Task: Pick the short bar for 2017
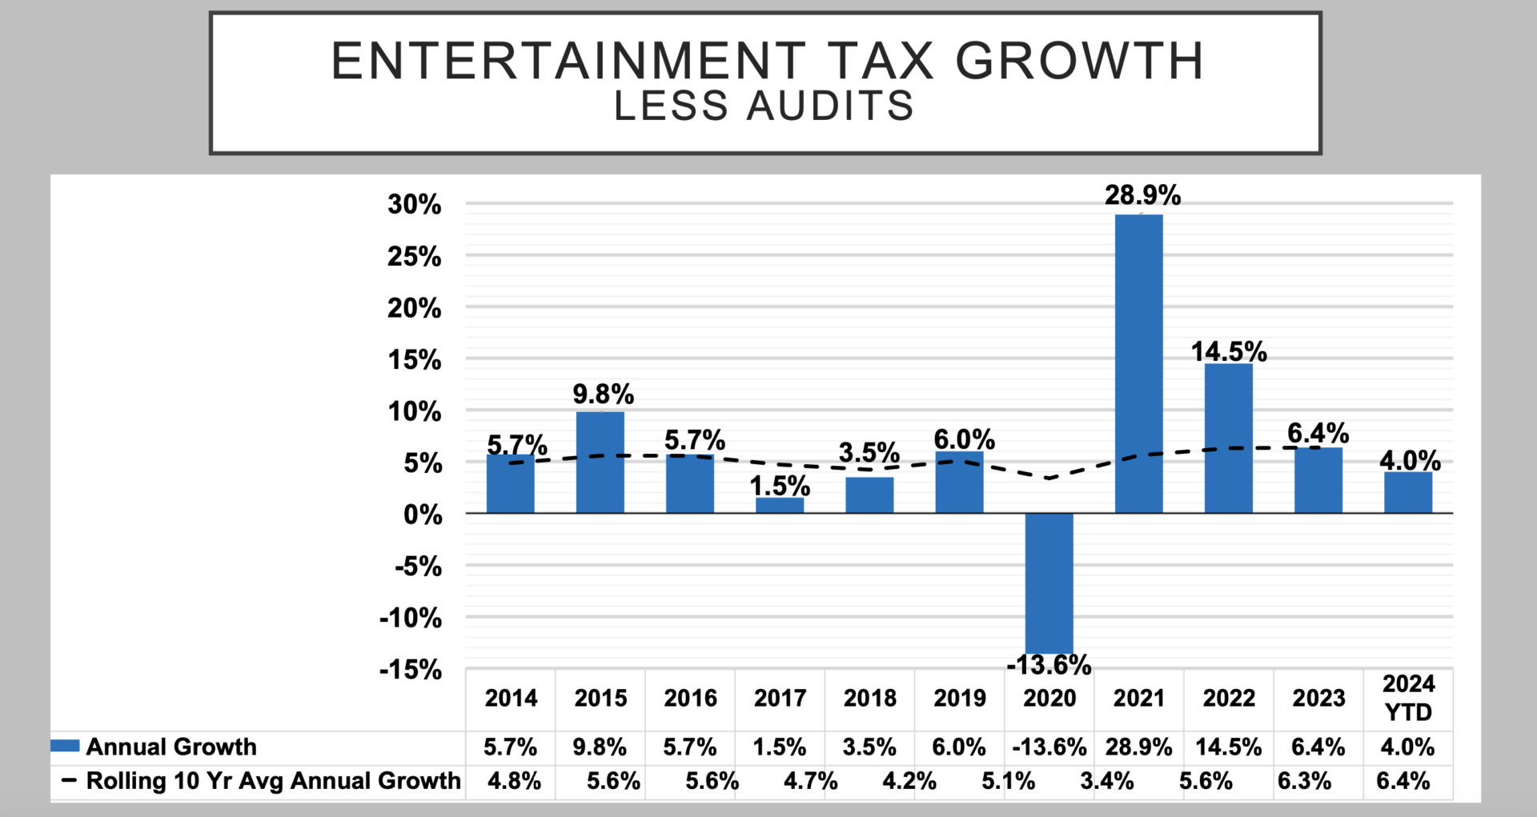point(780,505)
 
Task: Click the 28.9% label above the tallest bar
point(1142,195)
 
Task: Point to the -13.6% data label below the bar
point(1049,665)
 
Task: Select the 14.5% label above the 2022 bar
point(1229,351)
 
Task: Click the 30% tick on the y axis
point(414,205)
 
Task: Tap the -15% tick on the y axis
point(410,670)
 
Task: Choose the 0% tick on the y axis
point(423,515)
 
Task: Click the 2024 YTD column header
point(1408,698)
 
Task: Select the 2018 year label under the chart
point(869,698)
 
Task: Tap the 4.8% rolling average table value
point(514,781)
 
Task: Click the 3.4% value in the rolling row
point(1106,781)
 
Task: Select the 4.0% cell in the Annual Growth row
point(1407,747)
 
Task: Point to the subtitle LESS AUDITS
point(764,106)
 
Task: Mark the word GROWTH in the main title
point(1080,61)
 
